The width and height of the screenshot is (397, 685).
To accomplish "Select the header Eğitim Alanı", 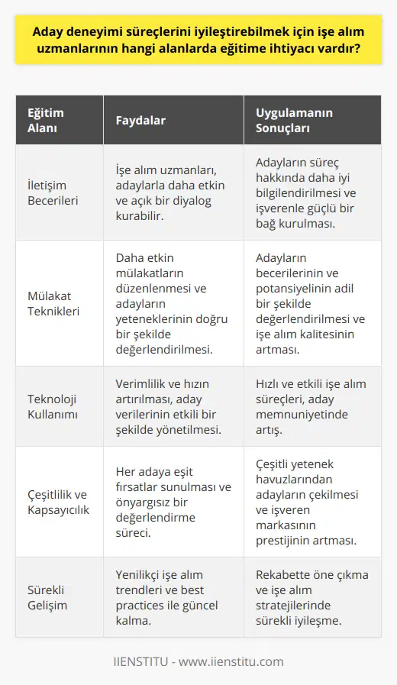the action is coord(47,120).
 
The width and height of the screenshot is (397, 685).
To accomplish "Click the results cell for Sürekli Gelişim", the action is coord(308,599).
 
